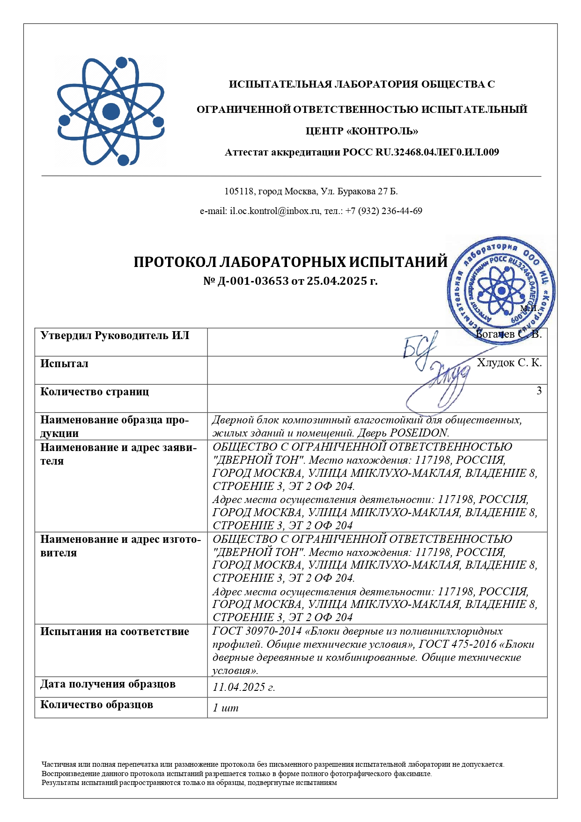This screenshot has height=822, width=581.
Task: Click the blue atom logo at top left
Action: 111,111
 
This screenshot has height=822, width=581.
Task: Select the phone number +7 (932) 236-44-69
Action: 383,211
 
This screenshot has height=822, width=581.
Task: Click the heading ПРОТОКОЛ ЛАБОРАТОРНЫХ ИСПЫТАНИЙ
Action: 290,262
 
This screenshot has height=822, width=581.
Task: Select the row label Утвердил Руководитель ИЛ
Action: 115,336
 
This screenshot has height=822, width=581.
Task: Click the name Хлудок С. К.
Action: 509,363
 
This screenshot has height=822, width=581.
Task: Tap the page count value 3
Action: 539,391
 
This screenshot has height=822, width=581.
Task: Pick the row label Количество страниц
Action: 95,392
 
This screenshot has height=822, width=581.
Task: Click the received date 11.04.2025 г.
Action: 243,688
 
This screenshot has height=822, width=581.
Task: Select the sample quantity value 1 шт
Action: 225,708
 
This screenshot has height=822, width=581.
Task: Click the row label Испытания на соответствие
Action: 115,632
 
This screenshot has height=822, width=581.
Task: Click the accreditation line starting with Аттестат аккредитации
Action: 361,152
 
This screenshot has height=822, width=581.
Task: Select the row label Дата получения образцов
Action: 108,684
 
